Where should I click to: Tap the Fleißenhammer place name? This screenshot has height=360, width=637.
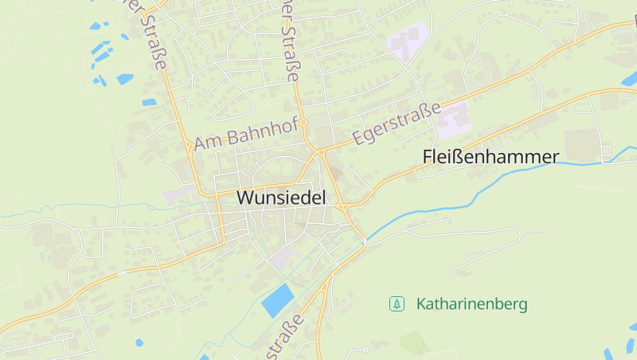[x=490, y=157]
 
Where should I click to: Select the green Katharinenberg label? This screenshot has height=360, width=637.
[x=471, y=304]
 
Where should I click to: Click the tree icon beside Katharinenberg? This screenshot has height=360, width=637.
[x=396, y=303]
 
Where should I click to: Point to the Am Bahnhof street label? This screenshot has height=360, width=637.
[x=245, y=132]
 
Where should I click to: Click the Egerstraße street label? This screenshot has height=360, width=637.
[x=396, y=123]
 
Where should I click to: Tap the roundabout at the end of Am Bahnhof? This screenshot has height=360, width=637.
[x=303, y=123]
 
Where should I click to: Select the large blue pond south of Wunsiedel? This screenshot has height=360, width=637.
[x=278, y=300]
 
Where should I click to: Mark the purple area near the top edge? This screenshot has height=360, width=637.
[x=406, y=41]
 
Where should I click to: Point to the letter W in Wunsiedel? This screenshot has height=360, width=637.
[x=247, y=198]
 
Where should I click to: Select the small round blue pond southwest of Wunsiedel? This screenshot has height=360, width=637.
[x=139, y=342]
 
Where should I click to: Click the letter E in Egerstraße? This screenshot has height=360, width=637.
[x=358, y=139]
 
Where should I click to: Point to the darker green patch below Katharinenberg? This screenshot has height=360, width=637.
[x=414, y=342]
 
